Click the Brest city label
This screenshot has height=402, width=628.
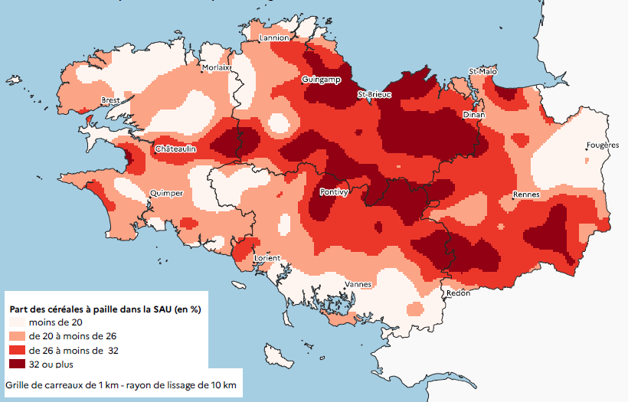[111, 100]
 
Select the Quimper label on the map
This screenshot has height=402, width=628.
[166, 193]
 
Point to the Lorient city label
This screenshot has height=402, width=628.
[267, 258]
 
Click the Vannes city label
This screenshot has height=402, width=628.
[358, 284]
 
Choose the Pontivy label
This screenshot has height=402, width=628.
[335, 192]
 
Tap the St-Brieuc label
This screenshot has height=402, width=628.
[375, 95]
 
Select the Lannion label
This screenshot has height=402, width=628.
[274, 38]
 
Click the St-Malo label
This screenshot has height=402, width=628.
[482, 71]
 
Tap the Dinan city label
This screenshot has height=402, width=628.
[474, 114]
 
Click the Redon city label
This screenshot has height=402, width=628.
[457, 293]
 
